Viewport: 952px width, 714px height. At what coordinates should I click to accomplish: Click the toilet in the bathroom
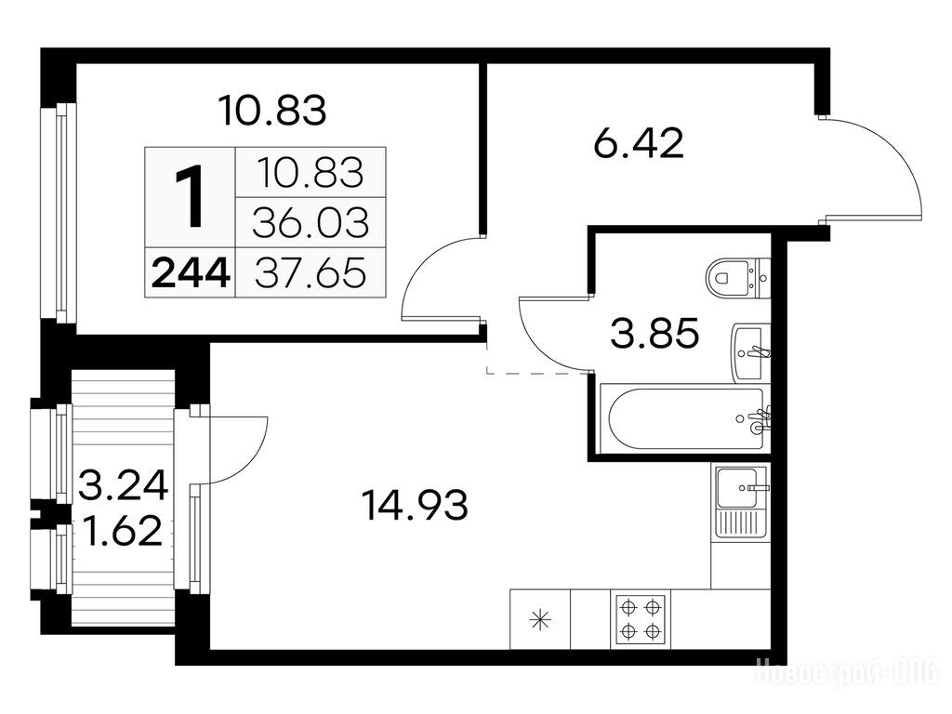point(737,278)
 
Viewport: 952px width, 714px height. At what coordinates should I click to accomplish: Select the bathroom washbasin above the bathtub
point(751,352)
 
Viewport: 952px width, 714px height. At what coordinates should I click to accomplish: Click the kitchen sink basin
point(736,487)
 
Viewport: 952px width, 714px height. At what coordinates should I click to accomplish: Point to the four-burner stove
point(641,619)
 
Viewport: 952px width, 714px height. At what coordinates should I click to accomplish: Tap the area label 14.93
point(415,506)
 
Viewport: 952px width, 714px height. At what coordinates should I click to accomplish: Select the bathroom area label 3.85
point(654,334)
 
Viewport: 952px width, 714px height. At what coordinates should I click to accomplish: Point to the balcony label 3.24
point(124,485)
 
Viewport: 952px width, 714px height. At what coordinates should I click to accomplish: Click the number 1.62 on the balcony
point(124,530)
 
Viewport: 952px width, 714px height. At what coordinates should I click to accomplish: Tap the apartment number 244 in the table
point(191,273)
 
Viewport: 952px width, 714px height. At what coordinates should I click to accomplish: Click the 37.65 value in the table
point(311,272)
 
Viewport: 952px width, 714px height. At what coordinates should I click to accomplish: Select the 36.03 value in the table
point(311,222)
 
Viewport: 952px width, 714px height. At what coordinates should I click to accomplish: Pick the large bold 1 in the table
point(190,198)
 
